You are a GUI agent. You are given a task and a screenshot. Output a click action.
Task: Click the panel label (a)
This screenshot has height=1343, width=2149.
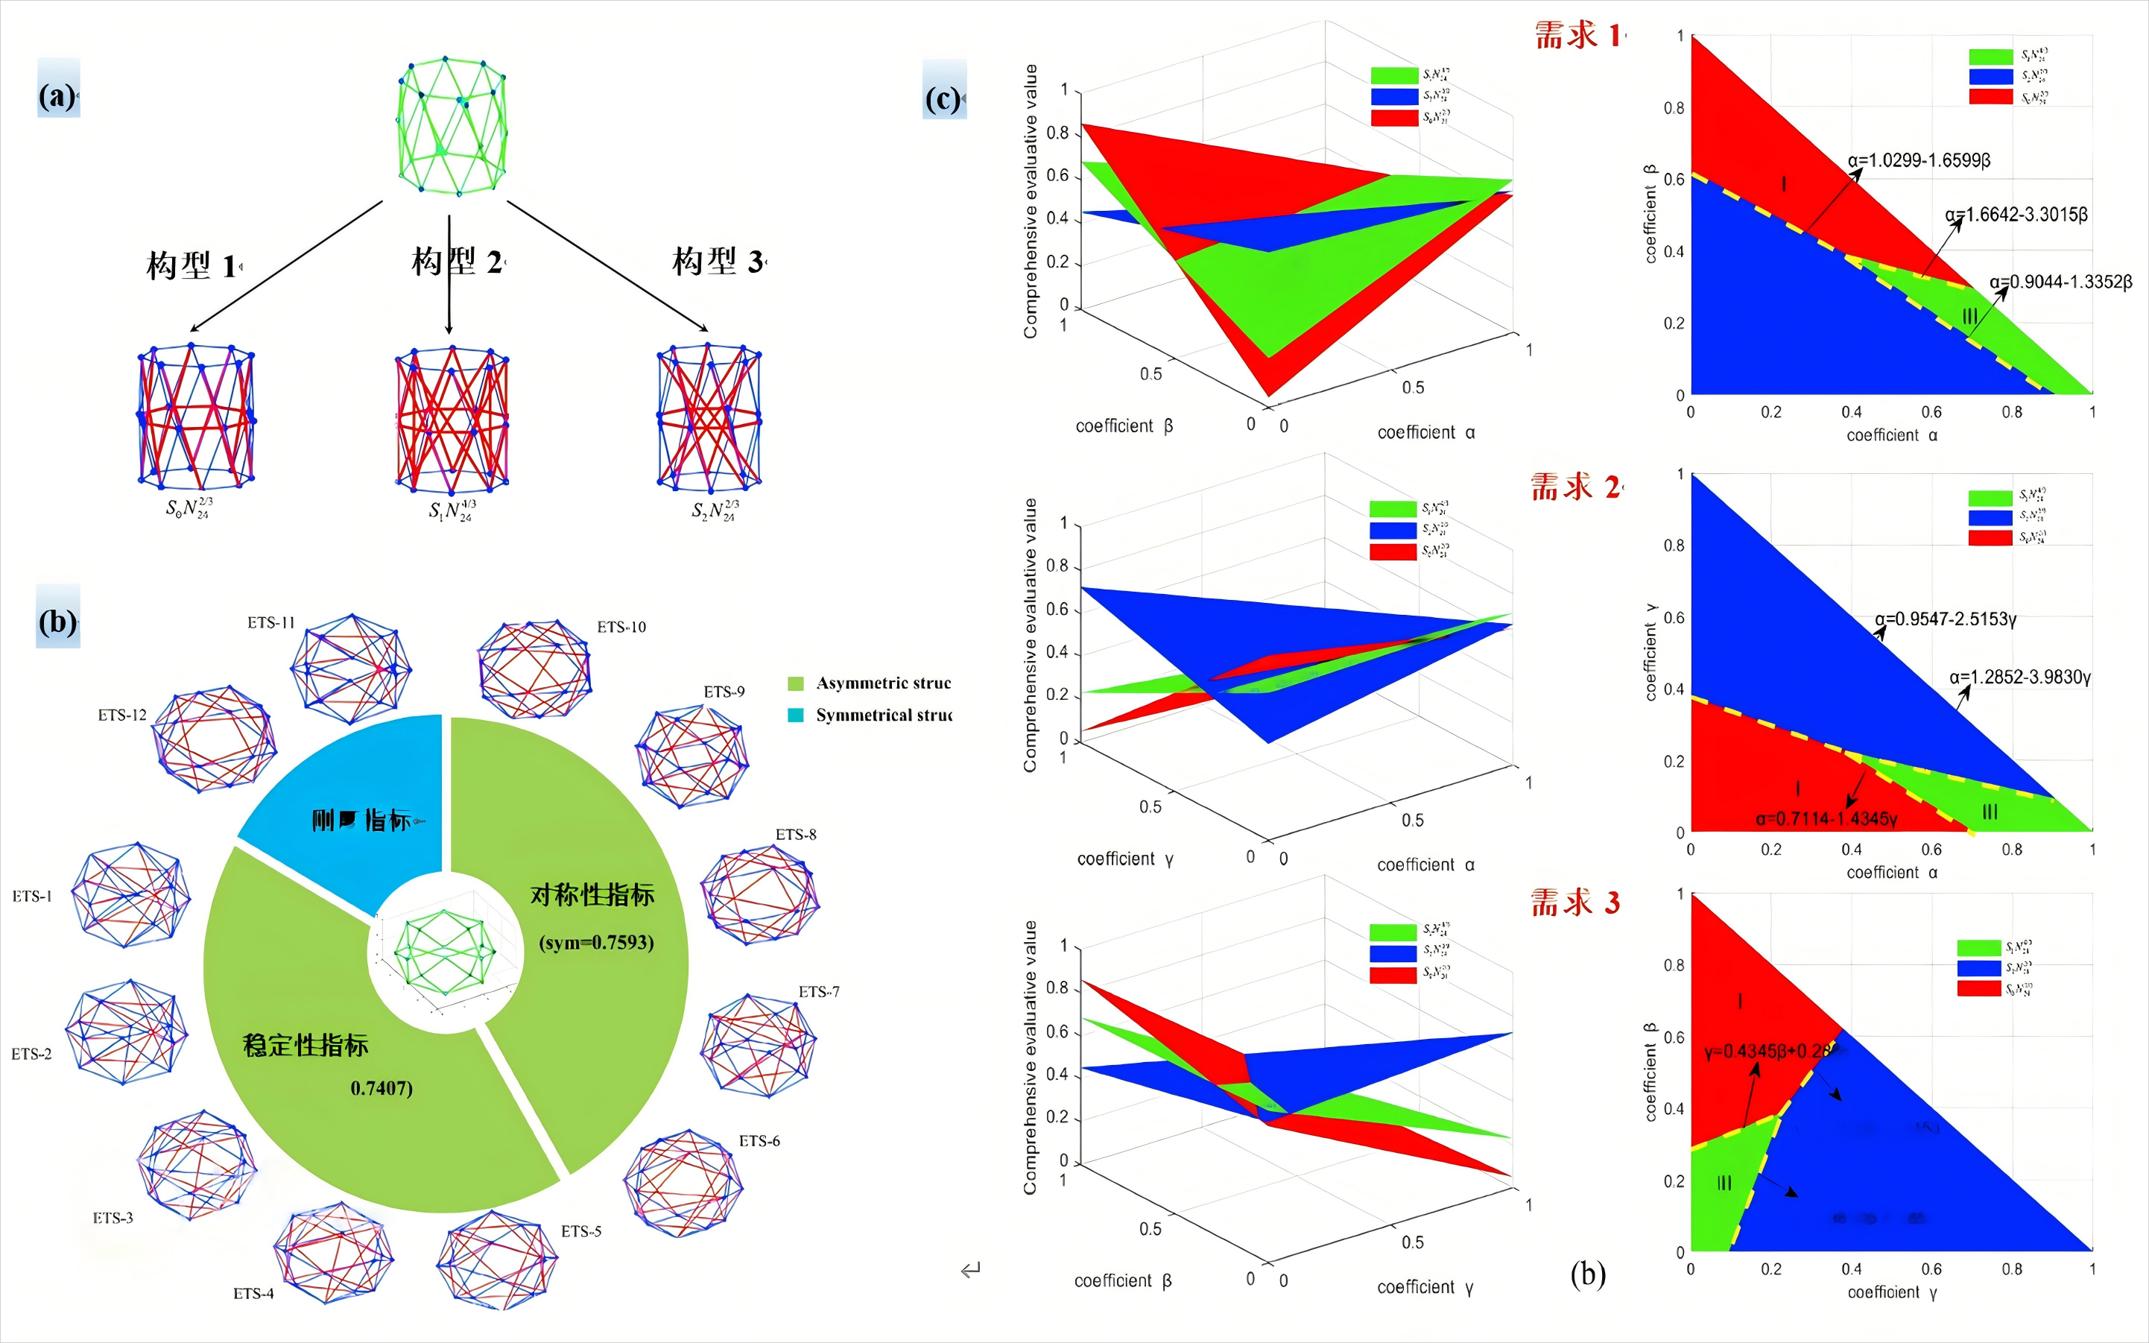(57, 95)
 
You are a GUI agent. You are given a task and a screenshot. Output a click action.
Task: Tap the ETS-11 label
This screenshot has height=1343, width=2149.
(270, 622)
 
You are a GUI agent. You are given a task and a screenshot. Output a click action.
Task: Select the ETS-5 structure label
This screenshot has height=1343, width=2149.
(580, 1231)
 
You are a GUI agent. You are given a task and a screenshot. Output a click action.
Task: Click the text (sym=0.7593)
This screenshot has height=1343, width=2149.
(597, 942)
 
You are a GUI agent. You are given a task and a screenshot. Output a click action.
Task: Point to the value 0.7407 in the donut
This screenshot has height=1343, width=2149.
(382, 1088)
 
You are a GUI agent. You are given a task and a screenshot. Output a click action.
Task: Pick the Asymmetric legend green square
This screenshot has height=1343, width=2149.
(796, 683)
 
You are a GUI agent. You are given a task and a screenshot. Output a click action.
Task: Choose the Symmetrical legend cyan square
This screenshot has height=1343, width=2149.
(796, 715)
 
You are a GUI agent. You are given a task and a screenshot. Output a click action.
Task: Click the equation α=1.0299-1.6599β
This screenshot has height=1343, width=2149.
(1919, 161)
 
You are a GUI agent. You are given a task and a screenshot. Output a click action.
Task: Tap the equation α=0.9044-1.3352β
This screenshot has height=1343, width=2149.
(2060, 282)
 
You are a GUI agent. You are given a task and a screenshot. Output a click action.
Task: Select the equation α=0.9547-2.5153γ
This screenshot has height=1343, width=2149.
(1946, 619)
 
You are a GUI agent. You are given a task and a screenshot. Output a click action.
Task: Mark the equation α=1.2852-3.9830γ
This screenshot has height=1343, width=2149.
(2020, 677)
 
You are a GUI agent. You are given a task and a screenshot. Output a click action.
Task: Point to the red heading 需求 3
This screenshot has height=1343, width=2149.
(1575, 903)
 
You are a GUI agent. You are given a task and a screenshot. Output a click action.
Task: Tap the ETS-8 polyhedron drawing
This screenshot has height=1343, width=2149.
(759, 894)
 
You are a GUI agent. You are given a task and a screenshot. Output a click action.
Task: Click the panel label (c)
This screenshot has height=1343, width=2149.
(944, 98)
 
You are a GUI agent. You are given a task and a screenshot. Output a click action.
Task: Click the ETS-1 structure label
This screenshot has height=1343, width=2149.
(32, 897)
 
